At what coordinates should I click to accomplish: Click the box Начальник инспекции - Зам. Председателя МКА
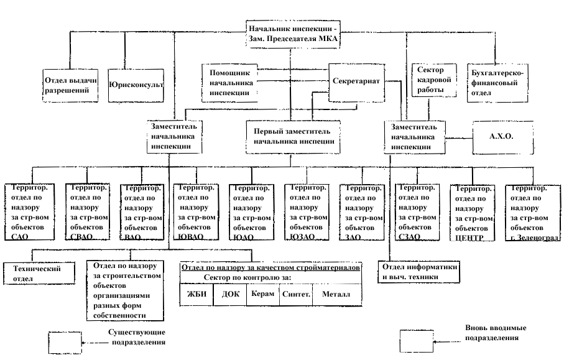click(x=294, y=34)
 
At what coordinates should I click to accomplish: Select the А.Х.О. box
click(x=504, y=134)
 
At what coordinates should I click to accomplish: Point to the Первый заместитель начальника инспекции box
click(x=293, y=136)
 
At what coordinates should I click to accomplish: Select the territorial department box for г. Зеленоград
click(x=532, y=212)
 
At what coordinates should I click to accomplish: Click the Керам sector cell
click(x=262, y=295)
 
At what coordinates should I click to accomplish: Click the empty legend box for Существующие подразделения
click(x=65, y=342)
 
